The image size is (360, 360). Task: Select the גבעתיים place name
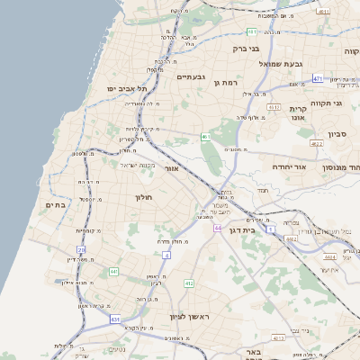click(192, 76)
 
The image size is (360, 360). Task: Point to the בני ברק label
click(246, 49)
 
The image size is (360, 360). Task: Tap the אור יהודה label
click(290, 166)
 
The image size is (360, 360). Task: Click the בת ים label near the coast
click(55, 205)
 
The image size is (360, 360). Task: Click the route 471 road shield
click(318, 78)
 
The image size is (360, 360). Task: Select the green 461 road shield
click(206, 137)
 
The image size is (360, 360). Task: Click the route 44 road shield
click(219, 228)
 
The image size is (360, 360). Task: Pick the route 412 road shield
click(189, 283)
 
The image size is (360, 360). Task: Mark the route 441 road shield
click(113, 271)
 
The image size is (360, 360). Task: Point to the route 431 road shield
click(115, 319)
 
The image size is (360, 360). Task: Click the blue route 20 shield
click(81, 250)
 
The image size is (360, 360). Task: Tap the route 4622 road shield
click(315, 143)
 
